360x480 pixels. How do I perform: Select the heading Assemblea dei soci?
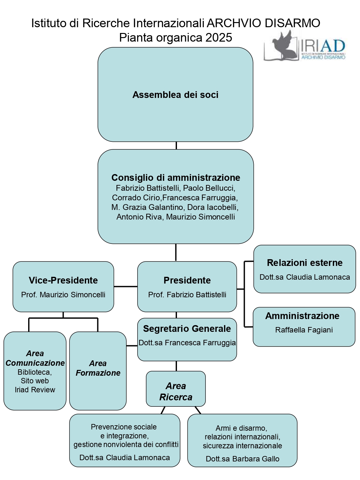pos(175,95)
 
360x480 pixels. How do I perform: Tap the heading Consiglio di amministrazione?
pos(176,178)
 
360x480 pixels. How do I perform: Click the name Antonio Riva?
pos(139,217)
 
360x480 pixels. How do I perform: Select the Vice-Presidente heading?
pos(63,280)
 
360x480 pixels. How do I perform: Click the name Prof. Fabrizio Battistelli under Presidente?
pos(187,295)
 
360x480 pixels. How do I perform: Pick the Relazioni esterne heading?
pos(305,263)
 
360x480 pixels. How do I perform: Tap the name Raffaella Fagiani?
pos(304,330)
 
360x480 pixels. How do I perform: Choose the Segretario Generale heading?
pos(187,329)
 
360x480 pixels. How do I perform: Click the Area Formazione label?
pos(98,368)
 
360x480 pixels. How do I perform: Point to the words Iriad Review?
pos(35,390)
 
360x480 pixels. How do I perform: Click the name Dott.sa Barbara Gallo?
pos(243,459)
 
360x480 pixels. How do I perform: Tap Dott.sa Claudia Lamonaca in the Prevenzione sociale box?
pos(124,458)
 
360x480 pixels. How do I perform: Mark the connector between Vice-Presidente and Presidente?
pos(125,286)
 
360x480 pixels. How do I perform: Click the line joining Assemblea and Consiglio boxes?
pos(176,146)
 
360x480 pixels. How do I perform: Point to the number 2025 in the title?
pos(219,37)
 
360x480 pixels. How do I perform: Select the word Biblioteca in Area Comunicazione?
pos(35,372)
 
